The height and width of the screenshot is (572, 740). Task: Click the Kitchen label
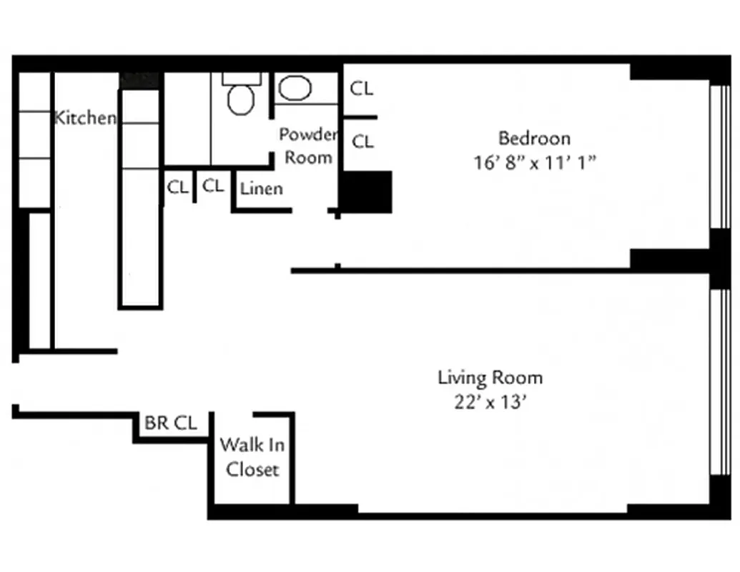click(84, 118)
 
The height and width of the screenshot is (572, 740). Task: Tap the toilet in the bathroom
click(241, 99)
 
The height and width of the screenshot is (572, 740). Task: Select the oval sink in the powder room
click(295, 89)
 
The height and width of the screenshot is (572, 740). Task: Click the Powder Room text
click(308, 146)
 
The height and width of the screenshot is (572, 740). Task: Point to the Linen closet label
click(261, 189)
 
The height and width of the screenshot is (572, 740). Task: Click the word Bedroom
click(534, 138)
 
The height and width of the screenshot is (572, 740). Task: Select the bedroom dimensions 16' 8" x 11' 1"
click(534, 162)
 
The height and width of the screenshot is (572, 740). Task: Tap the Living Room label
click(490, 378)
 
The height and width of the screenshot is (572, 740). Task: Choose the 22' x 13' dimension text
click(490, 403)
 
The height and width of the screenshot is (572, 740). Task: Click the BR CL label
click(170, 423)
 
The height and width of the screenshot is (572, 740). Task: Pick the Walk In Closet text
click(252, 457)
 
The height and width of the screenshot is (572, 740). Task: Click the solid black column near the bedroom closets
click(366, 192)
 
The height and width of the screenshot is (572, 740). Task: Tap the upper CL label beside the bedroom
click(362, 89)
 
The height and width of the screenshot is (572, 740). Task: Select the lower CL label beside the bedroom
click(362, 142)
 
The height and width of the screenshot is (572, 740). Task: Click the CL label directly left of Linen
click(213, 186)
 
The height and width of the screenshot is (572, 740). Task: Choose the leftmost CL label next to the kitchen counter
click(177, 187)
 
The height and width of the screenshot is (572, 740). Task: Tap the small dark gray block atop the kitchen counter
click(139, 79)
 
